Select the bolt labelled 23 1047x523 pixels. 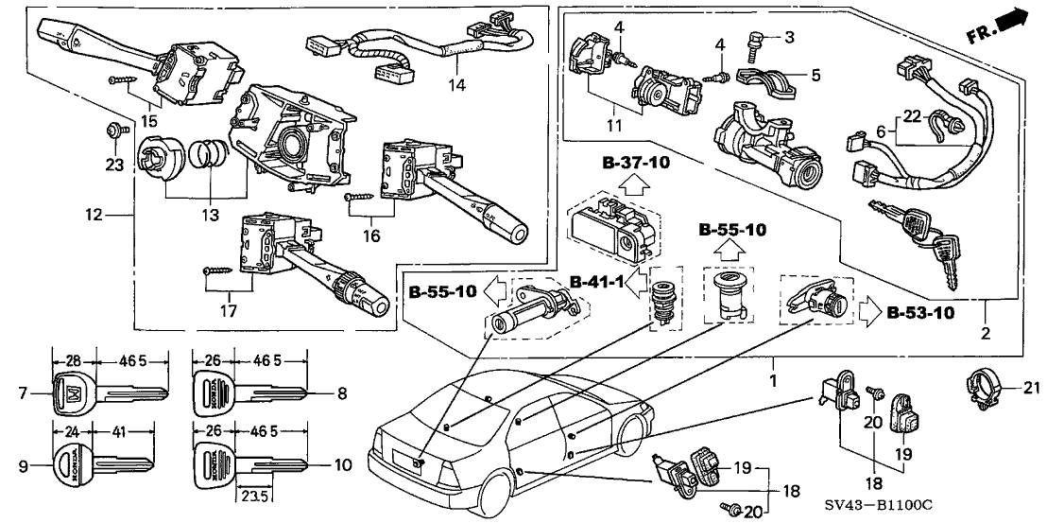(113, 131)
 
